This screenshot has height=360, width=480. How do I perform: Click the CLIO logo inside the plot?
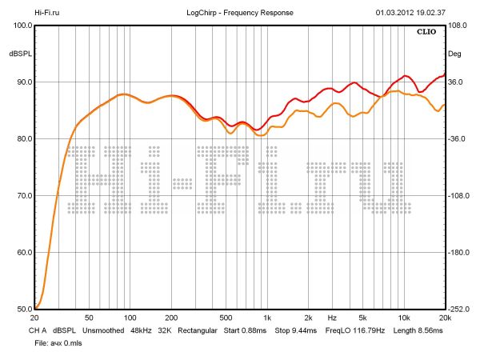point(428,33)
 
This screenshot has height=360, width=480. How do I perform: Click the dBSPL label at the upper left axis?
point(19,54)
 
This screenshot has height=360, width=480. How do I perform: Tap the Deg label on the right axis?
point(455,54)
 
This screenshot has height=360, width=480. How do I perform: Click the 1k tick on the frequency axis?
point(267,318)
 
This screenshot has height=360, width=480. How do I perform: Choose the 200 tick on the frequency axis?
point(170,318)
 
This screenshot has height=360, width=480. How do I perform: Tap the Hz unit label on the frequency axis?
point(332,318)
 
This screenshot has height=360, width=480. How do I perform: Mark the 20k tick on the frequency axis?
point(445,318)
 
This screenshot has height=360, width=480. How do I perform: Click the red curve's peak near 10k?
point(406,76)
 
